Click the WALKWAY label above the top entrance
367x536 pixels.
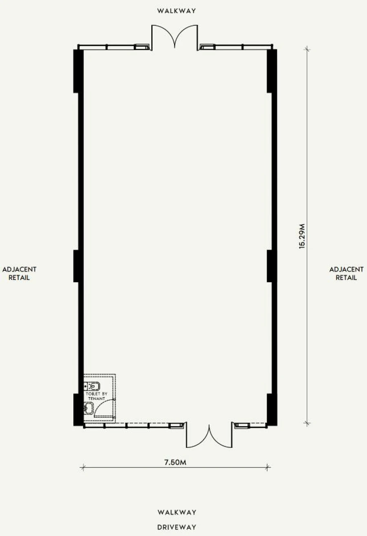point(177,11)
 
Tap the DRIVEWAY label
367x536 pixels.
point(177,527)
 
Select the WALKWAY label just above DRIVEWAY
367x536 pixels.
point(177,512)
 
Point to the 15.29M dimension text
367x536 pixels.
point(302,236)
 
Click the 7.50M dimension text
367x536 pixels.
point(175,462)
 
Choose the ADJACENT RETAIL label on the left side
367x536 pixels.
point(20,273)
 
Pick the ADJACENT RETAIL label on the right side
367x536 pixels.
point(346,273)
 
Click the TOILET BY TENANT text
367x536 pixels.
point(97,396)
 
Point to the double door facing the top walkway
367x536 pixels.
point(175,38)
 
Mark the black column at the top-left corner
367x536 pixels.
point(78,71)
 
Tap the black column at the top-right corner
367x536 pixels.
point(272,71)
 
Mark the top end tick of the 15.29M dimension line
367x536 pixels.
point(307,49)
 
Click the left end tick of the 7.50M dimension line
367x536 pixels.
point(83,467)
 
